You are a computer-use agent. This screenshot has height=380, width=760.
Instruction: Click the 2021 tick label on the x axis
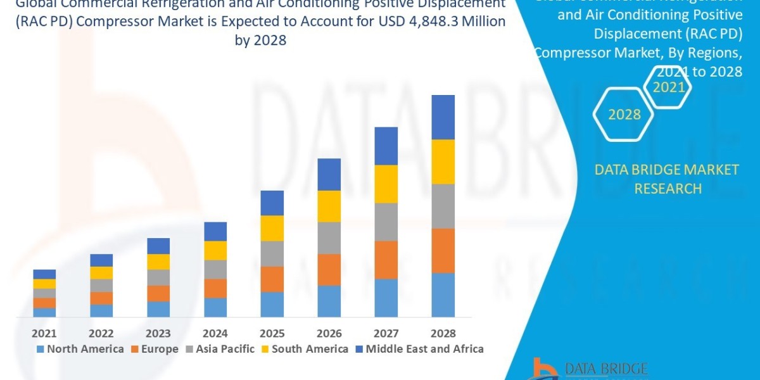point(44,333)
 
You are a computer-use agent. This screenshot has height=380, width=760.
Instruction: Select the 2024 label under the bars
point(215,333)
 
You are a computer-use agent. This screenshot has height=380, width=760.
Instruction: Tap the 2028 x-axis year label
point(443,333)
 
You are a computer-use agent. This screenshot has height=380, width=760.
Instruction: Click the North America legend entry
point(80,349)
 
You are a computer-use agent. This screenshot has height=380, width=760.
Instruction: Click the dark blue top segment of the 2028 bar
point(443,117)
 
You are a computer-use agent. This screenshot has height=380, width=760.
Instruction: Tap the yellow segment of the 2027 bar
point(386,184)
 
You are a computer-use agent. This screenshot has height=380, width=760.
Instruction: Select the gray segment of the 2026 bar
point(329,237)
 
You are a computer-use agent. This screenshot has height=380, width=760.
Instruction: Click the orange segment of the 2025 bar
point(272,279)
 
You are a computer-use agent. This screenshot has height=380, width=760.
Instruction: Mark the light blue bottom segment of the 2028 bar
point(443,294)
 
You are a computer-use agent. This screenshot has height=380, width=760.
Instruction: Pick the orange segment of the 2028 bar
point(443,250)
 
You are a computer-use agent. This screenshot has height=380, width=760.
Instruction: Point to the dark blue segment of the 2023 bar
point(158,246)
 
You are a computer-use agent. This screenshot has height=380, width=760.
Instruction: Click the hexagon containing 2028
point(624,115)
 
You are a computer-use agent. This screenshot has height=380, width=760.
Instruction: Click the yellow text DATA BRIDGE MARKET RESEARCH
point(668,179)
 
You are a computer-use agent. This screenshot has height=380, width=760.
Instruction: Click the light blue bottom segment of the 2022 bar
point(101,310)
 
